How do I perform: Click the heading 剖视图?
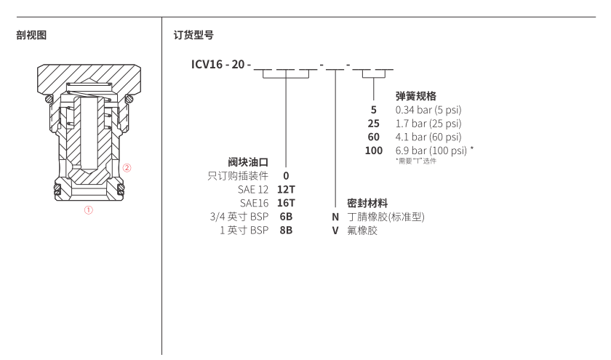tap(31, 35)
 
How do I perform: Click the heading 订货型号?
tap(193, 35)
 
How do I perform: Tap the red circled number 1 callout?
tap(88, 211)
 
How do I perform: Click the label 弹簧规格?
tap(415, 95)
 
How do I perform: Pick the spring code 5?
tap(374, 110)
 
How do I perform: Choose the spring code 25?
tap(374, 124)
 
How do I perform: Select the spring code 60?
tap(374, 137)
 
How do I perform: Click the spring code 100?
tap(374, 151)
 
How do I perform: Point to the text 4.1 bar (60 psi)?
tap(428, 137)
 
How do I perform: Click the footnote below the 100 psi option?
tap(416, 161)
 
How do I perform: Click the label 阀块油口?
tap(249, 161)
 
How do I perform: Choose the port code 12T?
tap(286, 189)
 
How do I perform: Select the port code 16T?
tap(286, 203)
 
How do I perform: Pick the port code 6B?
tap(286, 216)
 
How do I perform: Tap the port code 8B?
tap(286, 230)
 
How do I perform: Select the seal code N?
tap(336, 216)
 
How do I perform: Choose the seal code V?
tap(336, 230)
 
